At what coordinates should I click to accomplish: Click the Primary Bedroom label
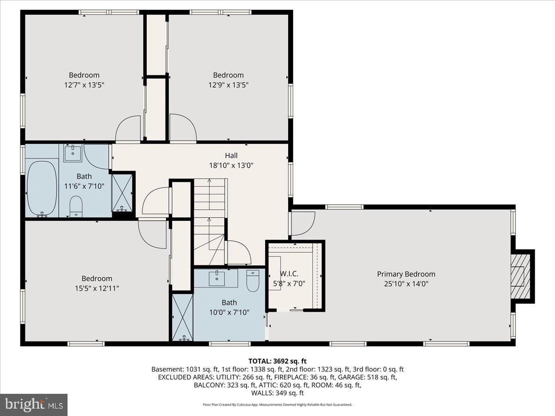pyautogui.click(x=406, y=274)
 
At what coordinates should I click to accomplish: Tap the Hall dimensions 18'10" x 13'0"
pyautogui.click(x=231, y=165)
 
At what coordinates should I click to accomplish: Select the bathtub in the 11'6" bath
pyautogui.click(x=42, y=189)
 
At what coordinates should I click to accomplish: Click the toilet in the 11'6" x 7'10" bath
pyautogui.click(x=76, y=206)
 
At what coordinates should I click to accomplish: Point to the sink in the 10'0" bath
pyautogui.click(x=217, y=278)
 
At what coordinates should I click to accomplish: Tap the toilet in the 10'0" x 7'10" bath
pyautogui.click(x=253, y=281)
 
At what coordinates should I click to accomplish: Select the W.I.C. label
pyautogui.click(x=289, y=274)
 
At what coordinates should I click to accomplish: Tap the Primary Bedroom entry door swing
pyautogui.click(x=303, y=223)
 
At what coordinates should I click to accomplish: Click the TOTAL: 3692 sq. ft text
pyautogui.click(x=277, y=361)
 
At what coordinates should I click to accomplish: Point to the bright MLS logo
pyautogui.click(x=34, y=404)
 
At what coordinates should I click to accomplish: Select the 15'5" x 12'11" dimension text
pyautogui.click(x=97, y=288)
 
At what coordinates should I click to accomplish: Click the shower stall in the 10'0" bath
pyautogui.click(x=182, y=317)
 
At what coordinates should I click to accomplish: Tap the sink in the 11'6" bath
pyautogui.click(x=73, y=153)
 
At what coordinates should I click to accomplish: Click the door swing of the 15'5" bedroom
pyautogui.click(x=152, y=234)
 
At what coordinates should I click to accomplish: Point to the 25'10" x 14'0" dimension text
pyautogui.click(x=406, y=284)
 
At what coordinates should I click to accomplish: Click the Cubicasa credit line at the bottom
pyautogui.click(x=277, y=404)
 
